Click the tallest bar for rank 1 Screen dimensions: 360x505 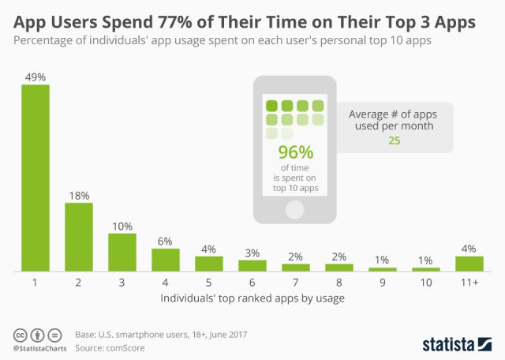pos(35,178)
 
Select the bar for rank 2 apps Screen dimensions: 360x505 pos(78,237)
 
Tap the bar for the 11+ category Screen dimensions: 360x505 pos(469,264)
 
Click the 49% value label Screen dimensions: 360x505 pos(35,77)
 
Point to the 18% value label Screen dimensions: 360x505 pos(78,195)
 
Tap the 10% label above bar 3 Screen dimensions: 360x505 pos(122,226)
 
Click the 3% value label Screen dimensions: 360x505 pos(252,253)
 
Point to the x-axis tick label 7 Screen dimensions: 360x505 pos(295,282)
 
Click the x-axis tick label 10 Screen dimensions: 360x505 pos(425,282)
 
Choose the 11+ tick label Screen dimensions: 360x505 pos(469,282)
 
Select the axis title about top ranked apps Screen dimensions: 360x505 pos(252,298)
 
